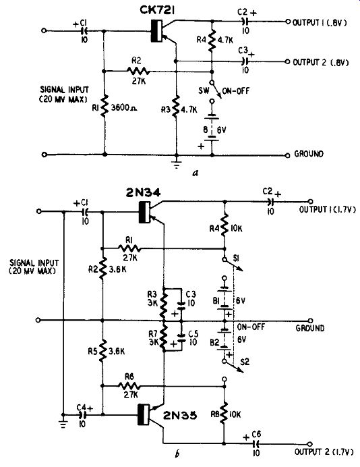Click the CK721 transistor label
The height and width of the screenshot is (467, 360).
coord(157,11)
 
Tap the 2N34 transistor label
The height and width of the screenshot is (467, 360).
coord(143,193)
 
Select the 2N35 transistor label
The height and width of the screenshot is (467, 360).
coord(180,415)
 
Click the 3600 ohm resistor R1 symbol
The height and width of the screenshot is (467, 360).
coord(104,106)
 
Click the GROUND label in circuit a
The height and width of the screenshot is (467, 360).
coord(309,154)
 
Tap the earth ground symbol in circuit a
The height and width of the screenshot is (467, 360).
coord(177,165)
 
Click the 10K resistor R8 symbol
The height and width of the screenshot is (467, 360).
coord(224,413)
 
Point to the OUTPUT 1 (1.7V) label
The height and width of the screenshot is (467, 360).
coord(327,210)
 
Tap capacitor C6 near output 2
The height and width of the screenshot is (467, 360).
coord(256,444)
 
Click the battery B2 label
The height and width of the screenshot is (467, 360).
coord(214,343)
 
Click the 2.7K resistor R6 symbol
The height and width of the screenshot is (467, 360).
coord(129,386)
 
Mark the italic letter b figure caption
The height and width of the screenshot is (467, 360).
coord(177,454)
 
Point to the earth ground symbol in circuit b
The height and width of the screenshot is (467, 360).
coord(63,424)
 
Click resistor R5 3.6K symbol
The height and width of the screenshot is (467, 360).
coord(102,351)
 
